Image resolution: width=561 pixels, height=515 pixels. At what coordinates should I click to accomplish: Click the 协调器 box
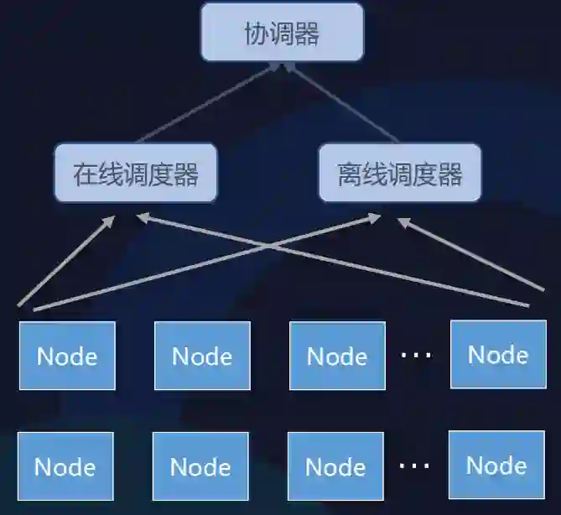(282, 33)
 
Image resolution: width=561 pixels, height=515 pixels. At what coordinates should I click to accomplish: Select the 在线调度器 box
(136, 174)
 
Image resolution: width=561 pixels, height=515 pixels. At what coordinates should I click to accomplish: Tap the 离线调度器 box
(400, 174)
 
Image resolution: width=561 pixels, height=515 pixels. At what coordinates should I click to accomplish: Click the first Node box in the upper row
(67, 356)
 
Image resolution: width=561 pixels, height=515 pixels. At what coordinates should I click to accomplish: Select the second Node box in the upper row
(202, 356)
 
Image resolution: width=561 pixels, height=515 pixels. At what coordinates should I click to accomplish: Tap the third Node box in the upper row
(337, 356)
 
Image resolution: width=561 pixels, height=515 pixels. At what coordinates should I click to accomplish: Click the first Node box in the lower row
(65, 466)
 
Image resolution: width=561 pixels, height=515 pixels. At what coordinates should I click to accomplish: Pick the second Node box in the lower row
(200, 466)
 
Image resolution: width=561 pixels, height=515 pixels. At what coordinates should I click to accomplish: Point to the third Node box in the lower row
(335, 466)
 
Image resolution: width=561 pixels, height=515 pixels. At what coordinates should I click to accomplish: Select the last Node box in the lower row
(496, 465)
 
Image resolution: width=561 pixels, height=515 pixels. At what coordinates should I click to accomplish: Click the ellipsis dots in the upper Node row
(416, 356)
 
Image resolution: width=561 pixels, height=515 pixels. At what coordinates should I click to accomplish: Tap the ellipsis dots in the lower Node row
(414, 465)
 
